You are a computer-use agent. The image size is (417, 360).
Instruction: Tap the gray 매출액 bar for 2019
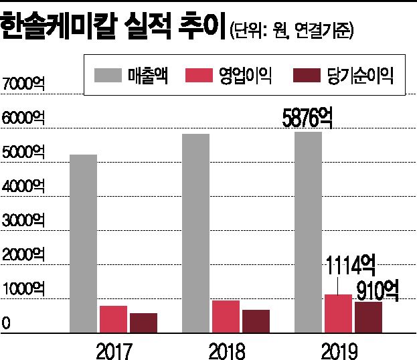[x=309, y=232]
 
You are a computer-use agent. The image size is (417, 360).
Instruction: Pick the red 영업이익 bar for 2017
[x=113, y=319]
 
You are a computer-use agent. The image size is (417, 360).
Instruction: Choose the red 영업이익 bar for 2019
[x=339, y=313]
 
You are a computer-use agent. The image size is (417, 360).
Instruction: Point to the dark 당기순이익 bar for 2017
[x=143, y=323]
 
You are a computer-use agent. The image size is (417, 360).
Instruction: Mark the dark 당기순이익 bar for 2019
[x=369, y=317]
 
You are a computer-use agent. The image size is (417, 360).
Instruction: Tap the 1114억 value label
[x=347, y=267]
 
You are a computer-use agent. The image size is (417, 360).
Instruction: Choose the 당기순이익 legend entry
[x=341, y=75]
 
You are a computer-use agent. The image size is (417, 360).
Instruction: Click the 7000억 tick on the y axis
[x=23, y=84]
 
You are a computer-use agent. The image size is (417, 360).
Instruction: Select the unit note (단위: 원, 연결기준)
[x=291, y=30]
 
